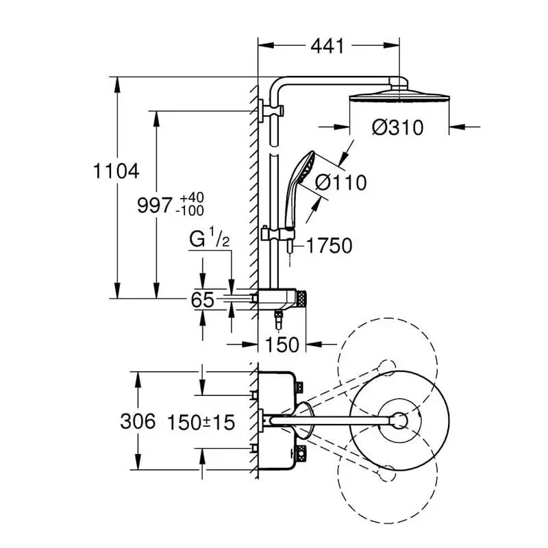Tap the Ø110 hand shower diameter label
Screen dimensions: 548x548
point(340,183)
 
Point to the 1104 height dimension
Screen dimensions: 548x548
point(116,171)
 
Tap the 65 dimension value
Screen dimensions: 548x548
point(203,299)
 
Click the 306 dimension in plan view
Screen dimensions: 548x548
point(138,421)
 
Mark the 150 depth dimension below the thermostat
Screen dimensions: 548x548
point(281,344)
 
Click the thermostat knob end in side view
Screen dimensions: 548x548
point(301,298)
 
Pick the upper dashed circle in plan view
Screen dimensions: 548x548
point(388,363)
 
